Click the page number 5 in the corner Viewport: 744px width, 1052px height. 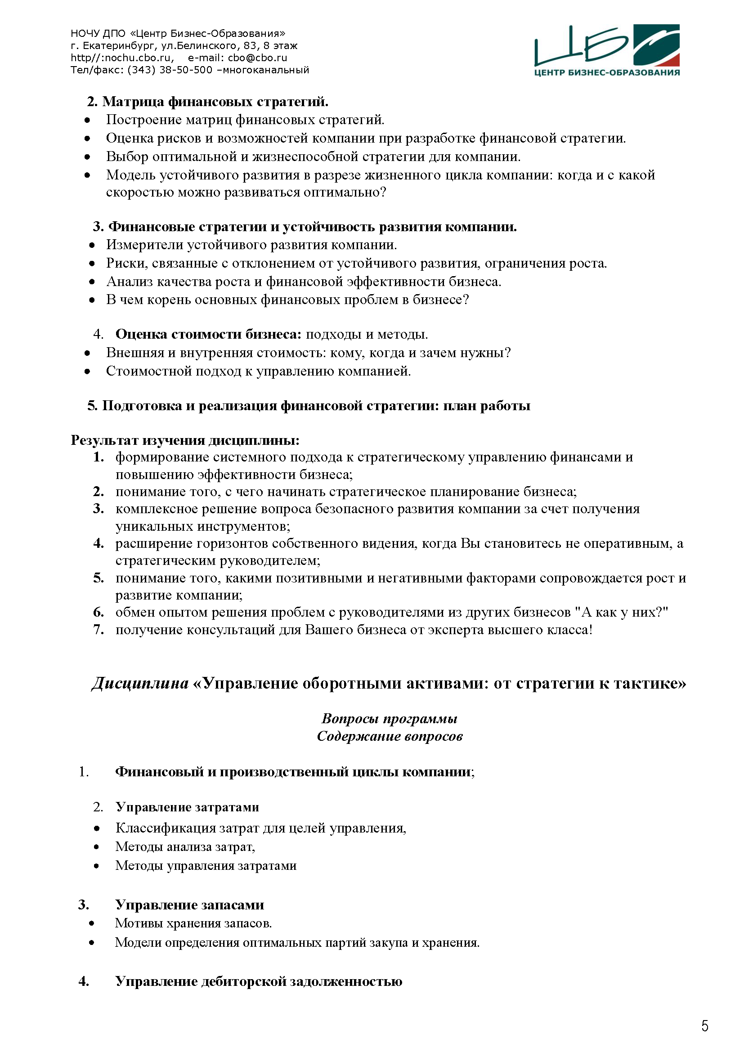coord(704,1025)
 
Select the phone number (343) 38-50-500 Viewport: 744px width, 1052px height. coord(170,70)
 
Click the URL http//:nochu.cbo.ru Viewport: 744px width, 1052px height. coord(122,58)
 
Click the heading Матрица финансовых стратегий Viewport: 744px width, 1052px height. coord(215,101)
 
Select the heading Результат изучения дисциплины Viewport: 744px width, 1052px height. coord(184,440)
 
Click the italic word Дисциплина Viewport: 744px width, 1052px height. coord(140,683)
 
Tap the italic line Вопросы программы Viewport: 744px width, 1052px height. coord(390,718)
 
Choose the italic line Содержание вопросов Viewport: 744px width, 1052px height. coord(390,736)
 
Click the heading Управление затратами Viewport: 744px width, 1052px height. coord(187,807)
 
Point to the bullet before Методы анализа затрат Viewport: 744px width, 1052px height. coord(96,847)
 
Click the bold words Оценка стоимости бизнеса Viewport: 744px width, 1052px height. coord(208,334)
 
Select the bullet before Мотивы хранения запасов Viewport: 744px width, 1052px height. coord(92,923)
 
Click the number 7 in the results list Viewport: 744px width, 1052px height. coord(99,630)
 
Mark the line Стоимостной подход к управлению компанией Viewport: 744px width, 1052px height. coord(258,371)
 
